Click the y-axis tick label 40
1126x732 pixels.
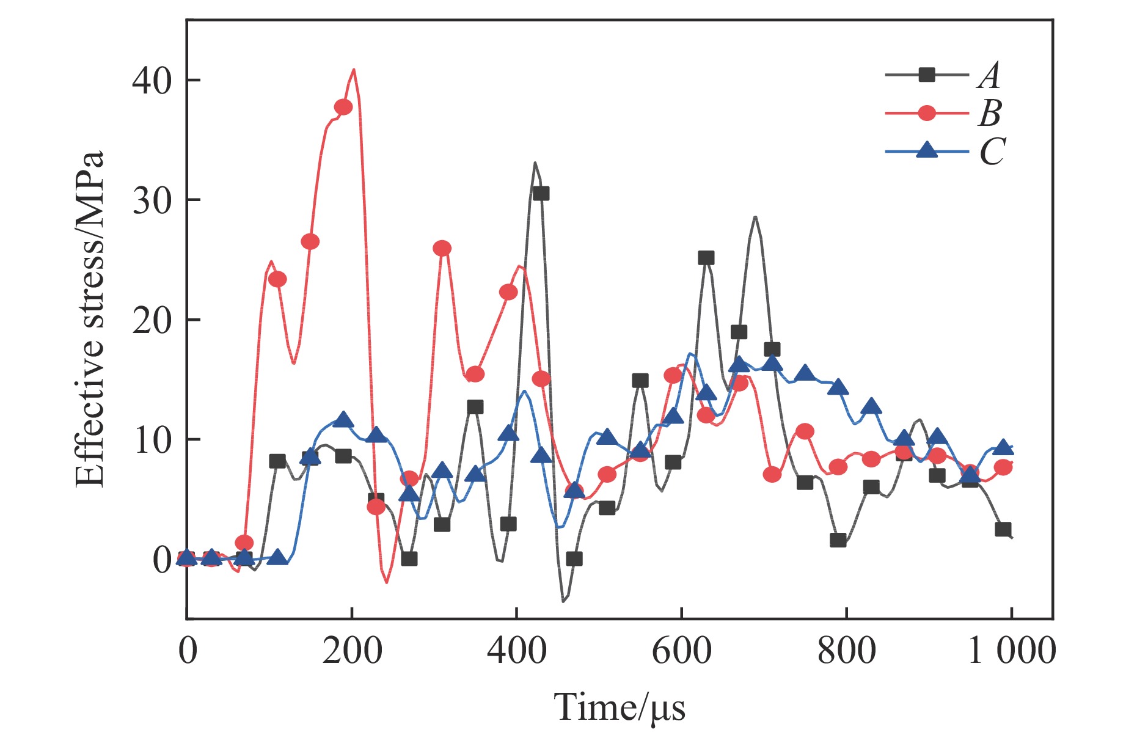coord(152,81)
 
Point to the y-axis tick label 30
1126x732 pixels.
coord(152,200)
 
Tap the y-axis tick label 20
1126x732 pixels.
coord(152,320)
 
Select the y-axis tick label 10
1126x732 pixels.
coord(152,440)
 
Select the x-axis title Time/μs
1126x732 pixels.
coord(620,708)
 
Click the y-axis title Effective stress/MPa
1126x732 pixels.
coord(90,319)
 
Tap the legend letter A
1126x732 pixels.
coord(990,76)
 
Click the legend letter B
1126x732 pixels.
coord(991,113)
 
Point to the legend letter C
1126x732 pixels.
coord(992,151)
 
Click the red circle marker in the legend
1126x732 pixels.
coord(927,113)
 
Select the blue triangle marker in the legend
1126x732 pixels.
coord(927,150)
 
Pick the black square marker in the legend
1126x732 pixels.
coord(927,75)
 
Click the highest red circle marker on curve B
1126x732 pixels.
coord(343,107)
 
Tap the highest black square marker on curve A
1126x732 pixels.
coord(541,193)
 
